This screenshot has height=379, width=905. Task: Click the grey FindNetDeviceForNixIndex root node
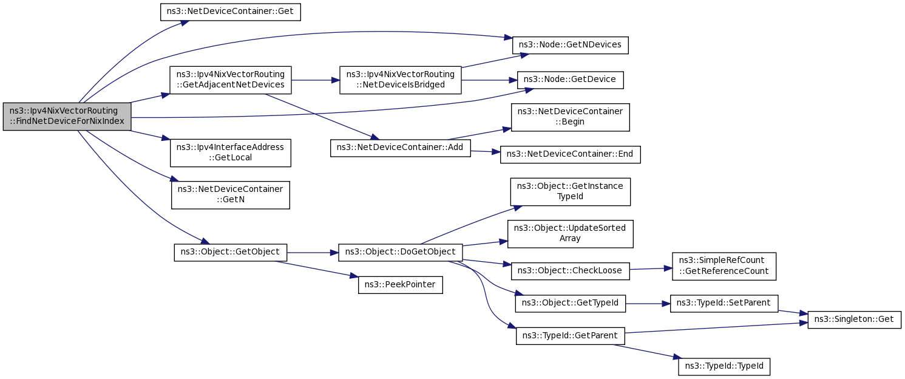coord(67,117)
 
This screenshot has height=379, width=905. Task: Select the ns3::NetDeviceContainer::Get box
coord(230,12)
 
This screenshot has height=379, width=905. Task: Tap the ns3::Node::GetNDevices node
coord(570,45)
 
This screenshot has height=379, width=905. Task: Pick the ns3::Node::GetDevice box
coord(570,80)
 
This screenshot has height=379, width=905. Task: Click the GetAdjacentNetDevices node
coord(230,80)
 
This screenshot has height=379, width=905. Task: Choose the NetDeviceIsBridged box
coord(401,80)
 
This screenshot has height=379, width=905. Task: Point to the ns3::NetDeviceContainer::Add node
coord(401,148)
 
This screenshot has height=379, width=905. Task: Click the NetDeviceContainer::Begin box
coord(570,117)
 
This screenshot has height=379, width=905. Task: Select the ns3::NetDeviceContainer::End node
coord(570,154)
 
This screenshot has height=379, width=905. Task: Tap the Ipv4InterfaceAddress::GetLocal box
coord(230,153)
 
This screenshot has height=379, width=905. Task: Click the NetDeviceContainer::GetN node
coord(230,195)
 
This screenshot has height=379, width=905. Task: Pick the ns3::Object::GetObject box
coord(230,253)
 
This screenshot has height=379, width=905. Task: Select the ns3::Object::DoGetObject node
coord(401,253)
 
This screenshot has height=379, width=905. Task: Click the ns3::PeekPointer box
coord(401,285)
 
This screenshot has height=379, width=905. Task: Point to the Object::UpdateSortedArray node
coord(570,234)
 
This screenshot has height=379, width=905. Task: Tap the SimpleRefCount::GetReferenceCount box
coord(724,266)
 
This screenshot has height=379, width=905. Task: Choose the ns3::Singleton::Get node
coord(854,319)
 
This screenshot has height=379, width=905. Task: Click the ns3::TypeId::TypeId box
coord(724,366)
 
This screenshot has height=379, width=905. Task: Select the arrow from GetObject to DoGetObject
coord(313,253)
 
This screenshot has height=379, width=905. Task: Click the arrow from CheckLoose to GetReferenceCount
coord(651,268)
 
